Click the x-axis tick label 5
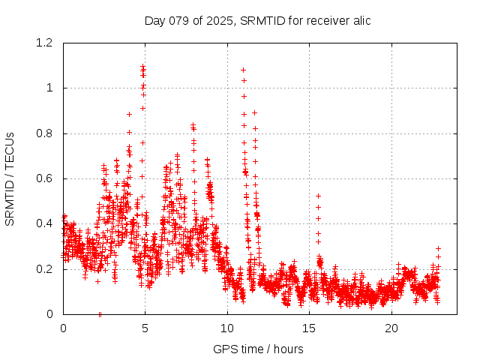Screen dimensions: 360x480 coord(145,328)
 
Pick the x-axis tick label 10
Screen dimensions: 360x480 coord(227,328)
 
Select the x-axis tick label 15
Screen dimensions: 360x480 coord(309,328)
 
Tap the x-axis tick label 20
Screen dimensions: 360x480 coord(391,328)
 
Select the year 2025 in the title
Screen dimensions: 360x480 coord(221,20)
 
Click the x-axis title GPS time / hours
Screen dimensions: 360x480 coord(257,349)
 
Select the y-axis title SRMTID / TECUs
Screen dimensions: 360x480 coord(10,178)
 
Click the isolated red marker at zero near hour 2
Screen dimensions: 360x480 coord(100,313)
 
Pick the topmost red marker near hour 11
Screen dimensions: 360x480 coord(243,70)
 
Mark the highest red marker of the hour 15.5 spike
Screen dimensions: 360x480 coord(318,196)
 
